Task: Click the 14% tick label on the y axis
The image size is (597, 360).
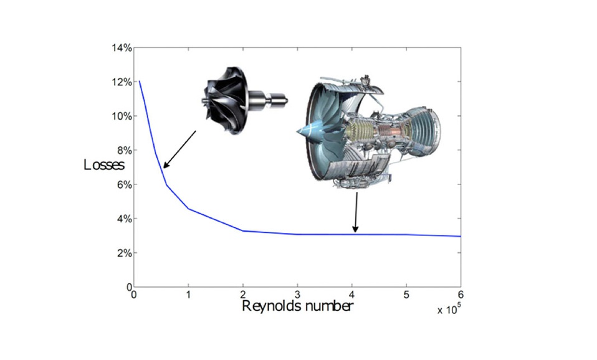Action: (x=122, y=48)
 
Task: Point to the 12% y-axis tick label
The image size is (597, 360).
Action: (x=122, y=82)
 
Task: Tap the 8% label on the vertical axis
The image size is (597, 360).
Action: (x=123, y=150)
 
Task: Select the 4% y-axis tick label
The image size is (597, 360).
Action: (x=123, y=219)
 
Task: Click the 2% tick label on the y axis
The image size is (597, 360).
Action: (x=123, y=253)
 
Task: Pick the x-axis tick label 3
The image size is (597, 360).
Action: (x=298, y=295)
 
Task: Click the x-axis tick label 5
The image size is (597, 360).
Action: (x=407, y=295)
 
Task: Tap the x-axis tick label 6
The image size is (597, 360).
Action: (x=461, y=295)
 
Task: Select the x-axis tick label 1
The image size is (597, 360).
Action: (x=189, y=295)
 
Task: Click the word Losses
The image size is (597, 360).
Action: (x=104, y=165)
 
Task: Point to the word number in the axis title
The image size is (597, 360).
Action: (x=327, y=306)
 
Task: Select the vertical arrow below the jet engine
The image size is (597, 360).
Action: (x=356, y=212)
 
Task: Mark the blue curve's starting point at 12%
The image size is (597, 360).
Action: (x=139, y=82)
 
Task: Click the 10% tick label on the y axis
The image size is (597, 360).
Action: (x=122, y=116)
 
